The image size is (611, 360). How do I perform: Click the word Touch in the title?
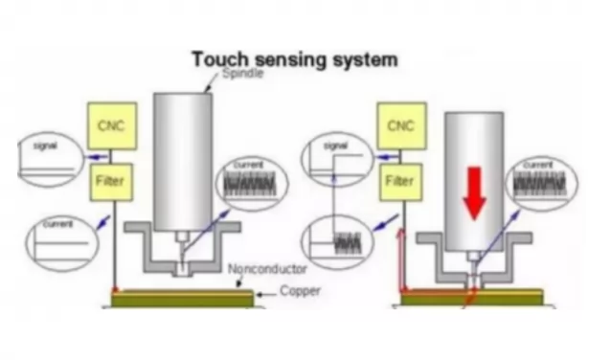point(223,59)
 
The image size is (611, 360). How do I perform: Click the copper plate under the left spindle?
point(182,300)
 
